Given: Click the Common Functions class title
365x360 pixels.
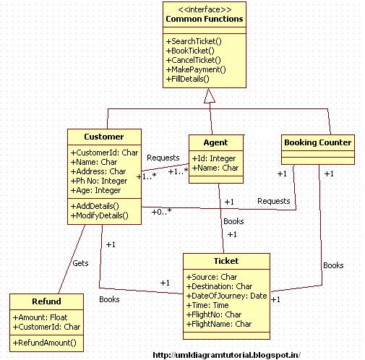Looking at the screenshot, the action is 205,19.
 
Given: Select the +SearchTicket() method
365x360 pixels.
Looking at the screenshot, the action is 194,41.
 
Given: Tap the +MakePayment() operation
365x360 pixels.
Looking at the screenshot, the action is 196,69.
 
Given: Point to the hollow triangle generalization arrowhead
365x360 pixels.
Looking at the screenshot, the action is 210,95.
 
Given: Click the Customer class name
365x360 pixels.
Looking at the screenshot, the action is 104,137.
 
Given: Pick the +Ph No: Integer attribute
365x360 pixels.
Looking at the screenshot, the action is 99,181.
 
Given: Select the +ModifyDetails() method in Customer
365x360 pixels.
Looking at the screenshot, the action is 99,215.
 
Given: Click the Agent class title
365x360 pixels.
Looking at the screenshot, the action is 215,142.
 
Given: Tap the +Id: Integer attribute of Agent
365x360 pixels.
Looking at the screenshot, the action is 214,158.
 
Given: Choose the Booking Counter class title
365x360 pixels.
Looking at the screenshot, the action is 318,142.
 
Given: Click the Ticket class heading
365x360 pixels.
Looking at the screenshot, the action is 226,261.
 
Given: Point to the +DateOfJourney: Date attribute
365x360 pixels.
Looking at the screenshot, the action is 226,296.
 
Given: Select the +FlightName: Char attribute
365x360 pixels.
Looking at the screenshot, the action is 219,324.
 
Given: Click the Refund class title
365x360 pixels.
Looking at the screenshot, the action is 46,301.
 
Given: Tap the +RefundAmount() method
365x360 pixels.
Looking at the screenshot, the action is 44,343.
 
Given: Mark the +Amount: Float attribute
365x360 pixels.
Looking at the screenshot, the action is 40,317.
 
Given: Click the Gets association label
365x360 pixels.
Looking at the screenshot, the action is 80,263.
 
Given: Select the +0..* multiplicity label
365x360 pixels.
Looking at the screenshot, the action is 161,212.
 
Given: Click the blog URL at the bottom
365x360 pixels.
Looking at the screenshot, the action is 226,355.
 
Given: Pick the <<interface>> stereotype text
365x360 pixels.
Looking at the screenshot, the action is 205,9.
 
